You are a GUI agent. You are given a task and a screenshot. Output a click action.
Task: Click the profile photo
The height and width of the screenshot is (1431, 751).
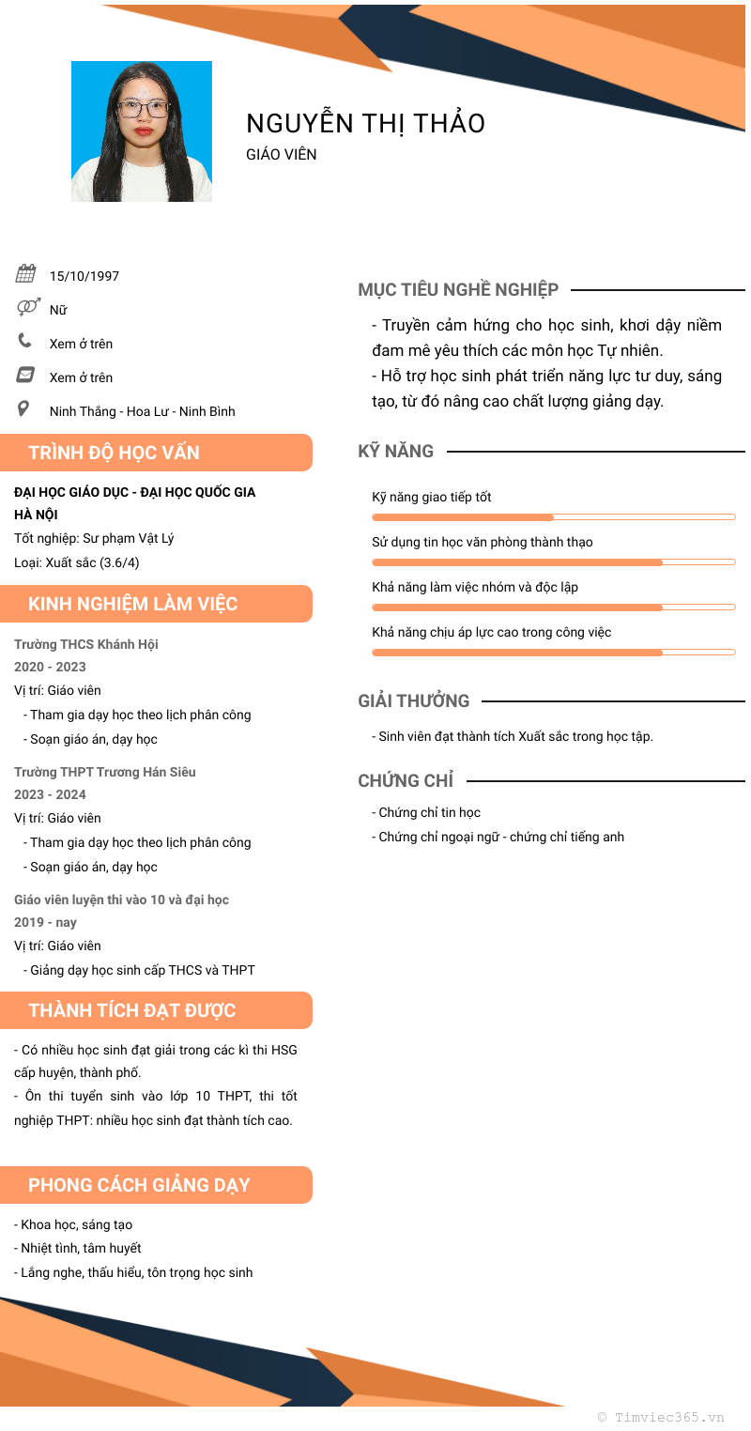[142, 131]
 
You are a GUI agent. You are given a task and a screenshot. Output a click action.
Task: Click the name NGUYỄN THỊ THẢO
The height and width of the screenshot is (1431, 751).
[365, 123]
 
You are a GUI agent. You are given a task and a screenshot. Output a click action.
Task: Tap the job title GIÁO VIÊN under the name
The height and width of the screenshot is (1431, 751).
[282, 154]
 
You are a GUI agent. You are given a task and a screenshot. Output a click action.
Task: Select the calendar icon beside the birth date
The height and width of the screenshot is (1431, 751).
[25, 274]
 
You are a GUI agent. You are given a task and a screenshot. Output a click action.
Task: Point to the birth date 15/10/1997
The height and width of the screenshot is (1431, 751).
[84, 276]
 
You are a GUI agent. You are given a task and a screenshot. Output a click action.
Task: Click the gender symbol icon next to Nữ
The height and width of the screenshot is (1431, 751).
[27, 307]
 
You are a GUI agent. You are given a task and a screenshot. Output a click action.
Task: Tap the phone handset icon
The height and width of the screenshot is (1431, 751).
[24, 341]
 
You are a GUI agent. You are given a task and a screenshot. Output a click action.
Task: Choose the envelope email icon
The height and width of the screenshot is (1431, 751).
[25, 375]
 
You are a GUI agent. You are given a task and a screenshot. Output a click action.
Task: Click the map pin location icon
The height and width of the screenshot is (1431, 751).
[24, 409]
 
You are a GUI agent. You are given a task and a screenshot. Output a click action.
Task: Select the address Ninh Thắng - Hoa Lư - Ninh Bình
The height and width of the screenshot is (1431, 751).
[143, 411]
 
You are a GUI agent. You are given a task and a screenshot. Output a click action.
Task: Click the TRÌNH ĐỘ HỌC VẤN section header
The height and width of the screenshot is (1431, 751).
[115, 453]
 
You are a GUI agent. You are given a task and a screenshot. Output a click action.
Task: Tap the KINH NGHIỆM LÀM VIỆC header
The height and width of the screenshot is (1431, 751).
[133, 604]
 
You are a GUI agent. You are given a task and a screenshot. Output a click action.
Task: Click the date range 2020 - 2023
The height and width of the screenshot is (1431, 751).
[50, 667]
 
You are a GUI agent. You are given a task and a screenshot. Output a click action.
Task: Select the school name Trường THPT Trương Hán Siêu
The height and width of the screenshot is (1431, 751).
[105, 772]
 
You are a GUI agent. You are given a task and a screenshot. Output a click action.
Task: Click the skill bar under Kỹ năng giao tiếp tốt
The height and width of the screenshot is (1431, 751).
[553, 517]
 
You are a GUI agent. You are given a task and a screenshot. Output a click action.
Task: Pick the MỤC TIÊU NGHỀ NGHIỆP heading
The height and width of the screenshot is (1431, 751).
[458, 290]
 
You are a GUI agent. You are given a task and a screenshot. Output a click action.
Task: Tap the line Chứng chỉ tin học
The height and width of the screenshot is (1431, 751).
[429, 812]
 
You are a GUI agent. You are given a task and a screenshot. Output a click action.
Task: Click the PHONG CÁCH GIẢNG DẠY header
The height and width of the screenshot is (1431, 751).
[139, 1185]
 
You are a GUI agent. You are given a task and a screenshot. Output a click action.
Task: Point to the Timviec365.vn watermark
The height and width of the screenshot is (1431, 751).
[661, 1417]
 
